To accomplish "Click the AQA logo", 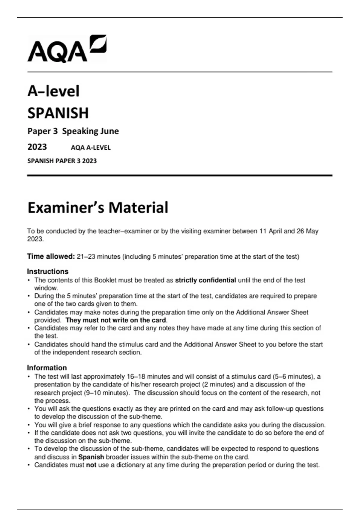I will point(67,49).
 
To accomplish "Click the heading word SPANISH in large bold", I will point(58,113).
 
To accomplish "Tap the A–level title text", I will point(53,91).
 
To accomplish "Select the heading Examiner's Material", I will point(98,208).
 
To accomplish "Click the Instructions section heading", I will point(48,271).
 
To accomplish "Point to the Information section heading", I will point(47,368).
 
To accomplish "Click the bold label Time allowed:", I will point(51,256).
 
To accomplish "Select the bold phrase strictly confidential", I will point(205,280).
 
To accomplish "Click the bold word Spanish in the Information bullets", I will point(91,457).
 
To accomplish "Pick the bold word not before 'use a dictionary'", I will point(91,465).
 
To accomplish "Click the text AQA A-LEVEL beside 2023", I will point(91,148).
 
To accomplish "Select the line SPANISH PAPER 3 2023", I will point(62,161).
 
